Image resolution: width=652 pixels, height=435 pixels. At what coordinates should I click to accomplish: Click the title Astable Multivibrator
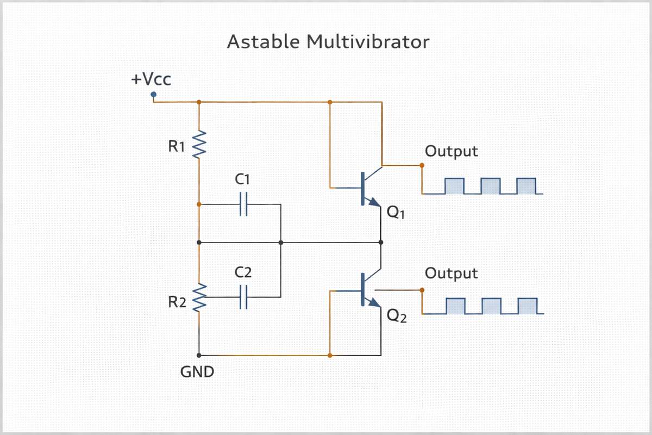pos(328,42)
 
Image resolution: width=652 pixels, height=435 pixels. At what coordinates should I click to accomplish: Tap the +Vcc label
pos(151,80)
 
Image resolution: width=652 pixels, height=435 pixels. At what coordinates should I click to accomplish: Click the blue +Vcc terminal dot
pos(153,94)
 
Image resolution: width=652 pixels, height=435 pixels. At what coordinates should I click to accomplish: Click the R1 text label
pos(177,147)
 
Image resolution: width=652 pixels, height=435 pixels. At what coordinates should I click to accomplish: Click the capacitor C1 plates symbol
pos(243,204)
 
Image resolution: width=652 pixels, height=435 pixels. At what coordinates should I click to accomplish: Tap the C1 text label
pos(243,179)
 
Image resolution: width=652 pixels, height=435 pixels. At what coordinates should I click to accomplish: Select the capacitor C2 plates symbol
pos(243,297)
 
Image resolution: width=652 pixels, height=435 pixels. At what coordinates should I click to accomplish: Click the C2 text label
pos(243,272)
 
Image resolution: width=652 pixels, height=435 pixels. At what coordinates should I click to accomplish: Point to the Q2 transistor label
pos(395,316)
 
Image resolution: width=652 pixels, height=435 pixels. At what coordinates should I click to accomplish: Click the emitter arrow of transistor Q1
pos(374,202)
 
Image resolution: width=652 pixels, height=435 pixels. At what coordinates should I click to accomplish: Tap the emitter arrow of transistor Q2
pos(374,304)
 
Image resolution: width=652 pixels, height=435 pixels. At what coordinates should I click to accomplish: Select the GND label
pos(197,373)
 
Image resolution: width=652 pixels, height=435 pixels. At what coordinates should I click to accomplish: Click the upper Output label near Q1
pos(452,151)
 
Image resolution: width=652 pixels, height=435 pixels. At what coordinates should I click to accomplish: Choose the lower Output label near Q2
pos(452,273)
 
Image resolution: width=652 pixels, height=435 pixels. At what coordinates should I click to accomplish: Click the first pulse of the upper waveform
pos(454,186)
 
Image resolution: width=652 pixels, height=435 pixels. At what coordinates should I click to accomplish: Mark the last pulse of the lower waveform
pos(527,306)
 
